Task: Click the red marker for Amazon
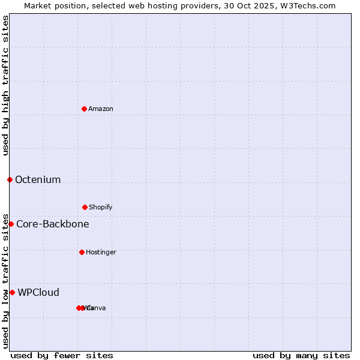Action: [84, 109]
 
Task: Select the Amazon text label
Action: [101, 109]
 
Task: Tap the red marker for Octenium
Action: [10, 179]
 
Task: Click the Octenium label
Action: [38, 179]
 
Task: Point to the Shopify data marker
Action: [85, 207]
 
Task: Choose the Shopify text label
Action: [101, 208]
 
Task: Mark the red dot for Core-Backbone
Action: [11, 224]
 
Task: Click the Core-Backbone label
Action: [53, 224]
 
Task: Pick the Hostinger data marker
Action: [82, 252]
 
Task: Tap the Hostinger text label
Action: [101, 253]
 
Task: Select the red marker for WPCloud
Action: [12, 292]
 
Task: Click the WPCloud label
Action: [38, 292]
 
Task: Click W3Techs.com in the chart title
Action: [310, 6]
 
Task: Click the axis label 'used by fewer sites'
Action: [62, 355]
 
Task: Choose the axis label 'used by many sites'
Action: [301, 355]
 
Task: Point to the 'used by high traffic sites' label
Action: [6, 86]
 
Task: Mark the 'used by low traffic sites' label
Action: [6, 280]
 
